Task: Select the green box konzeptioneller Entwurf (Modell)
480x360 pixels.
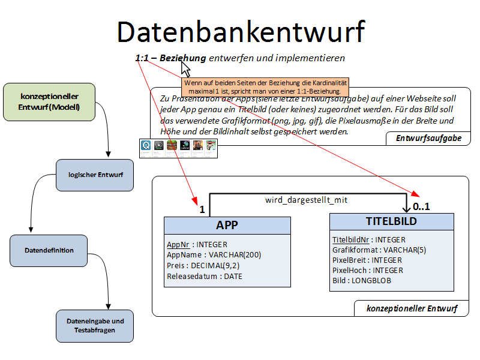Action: coord(49,102)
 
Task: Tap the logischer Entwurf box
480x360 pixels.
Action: coord(95,175)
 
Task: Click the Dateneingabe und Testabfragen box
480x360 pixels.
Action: coord(95,325)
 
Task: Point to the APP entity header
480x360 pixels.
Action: coord(227,225)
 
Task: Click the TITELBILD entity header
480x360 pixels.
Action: coord(391,221)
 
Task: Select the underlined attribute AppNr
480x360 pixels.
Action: coord(178,245)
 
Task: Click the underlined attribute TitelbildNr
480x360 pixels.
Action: coord(351,240)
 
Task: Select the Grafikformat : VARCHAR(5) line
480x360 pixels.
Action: coord(379,250)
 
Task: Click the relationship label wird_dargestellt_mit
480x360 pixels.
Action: coord(306,200)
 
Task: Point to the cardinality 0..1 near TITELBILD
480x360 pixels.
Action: coord(421,206)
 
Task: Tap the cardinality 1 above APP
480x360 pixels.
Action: coord(202,210)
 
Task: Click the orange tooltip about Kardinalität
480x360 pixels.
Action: coord(265,86)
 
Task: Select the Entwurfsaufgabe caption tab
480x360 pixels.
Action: coord(428,139)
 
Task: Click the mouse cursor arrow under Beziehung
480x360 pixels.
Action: coord(185,67)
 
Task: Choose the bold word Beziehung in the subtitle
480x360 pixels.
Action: coord(182,58)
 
